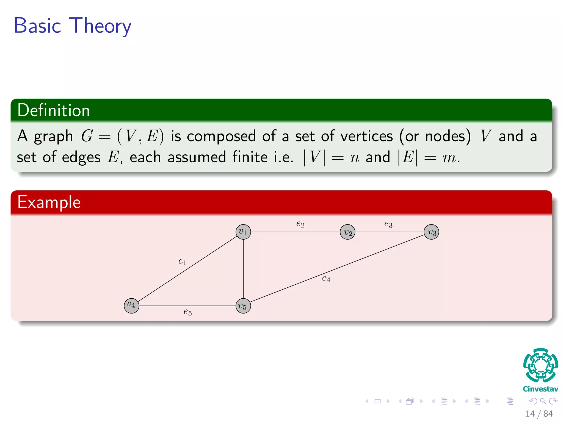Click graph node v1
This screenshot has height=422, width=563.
pos(243,232)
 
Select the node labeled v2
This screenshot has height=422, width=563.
pos(347,232)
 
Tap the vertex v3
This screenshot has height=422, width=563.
pos(431,232)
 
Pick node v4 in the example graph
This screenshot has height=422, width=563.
pos(131,306)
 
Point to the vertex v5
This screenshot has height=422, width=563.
pos(243,306)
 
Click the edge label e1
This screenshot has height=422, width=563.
pos(182,261)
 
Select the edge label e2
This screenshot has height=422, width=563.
pos(300,224)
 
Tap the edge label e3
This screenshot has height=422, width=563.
pos(388,224)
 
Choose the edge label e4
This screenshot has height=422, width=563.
pos(326,279)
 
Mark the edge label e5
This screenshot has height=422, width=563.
pos(187,312)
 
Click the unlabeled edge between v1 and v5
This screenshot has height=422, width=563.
pos(243,269)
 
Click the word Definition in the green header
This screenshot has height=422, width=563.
pos(54,110)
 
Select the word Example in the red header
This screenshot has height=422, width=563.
pos(49,202)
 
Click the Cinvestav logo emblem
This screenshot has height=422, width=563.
pos(540,365)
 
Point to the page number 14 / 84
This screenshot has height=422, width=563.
pos(539,413)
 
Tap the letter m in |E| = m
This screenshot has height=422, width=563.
pos(449,158)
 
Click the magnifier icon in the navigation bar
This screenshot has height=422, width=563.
pos(543,401)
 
